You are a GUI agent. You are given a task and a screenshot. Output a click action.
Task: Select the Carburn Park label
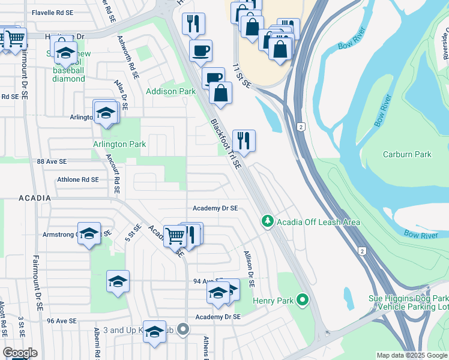coord(407,154)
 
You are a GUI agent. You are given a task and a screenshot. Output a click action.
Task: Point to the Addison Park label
coord(171,92)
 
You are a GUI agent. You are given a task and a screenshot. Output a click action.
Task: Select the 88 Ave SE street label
coord(52,162)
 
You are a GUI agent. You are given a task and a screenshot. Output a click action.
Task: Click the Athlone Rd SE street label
coord(77,179)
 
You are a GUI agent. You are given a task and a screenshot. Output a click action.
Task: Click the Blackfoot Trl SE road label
coord(226,143)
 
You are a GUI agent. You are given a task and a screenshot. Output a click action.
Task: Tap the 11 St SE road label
coord(242,75)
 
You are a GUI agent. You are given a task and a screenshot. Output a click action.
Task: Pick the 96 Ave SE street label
coord(62,321)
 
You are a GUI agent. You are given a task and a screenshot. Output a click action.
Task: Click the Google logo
coord(20,353)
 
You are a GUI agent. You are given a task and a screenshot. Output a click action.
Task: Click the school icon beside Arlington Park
coord(106,113)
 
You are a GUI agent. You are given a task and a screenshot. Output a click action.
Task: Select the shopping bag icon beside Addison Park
coord(220,94)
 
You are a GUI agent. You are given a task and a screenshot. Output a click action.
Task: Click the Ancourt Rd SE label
coord(112,175)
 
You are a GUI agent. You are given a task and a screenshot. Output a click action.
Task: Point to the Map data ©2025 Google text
coord(411,355)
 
